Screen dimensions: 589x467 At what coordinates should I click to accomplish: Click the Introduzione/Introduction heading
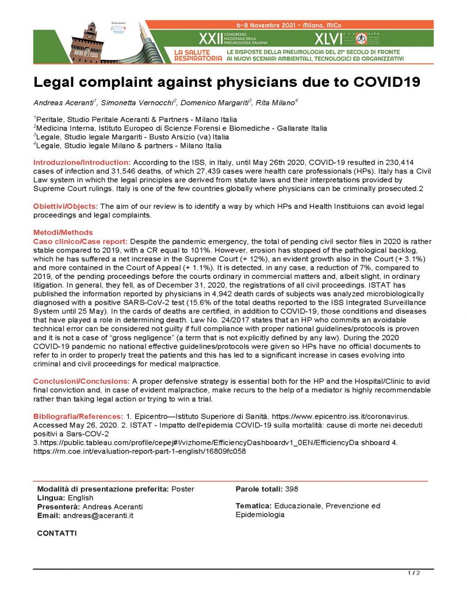point(82,162)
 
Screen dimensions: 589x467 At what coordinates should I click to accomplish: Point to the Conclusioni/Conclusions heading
point(82,381)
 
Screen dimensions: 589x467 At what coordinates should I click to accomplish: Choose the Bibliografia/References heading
point(78,416)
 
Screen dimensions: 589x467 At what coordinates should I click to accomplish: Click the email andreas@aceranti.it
point(98,515)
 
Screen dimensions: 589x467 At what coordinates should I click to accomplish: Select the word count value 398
point(292,489)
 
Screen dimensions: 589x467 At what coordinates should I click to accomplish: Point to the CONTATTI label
point(56,533)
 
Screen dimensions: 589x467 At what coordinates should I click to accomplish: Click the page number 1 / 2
point(414,573)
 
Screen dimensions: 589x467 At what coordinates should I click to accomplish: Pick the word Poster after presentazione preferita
point(182,489)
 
